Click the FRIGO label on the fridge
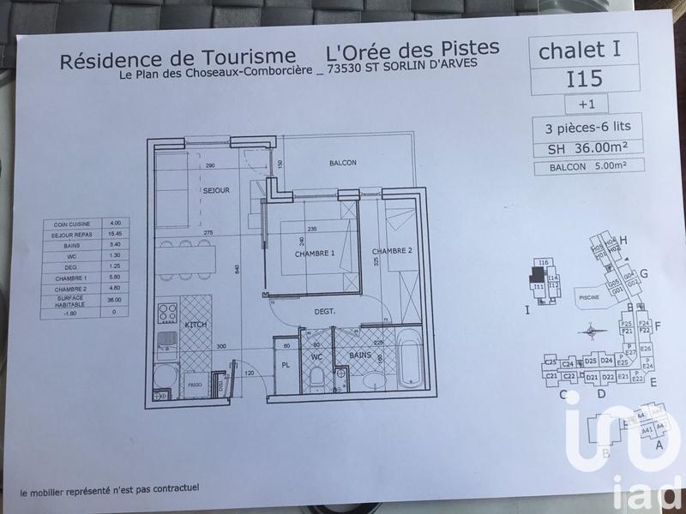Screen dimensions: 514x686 point(196,387)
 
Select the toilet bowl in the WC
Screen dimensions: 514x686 point(318,375)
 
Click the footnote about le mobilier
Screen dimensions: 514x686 point(111,489)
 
